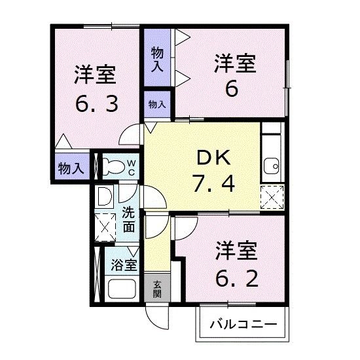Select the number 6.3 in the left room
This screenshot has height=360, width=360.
pyautogui.click(x=95, y=103)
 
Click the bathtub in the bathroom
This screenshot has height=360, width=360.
pyautogui.click(x=121, y=290)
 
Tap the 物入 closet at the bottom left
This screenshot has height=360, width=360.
pyautogui.click(x=70, y=168)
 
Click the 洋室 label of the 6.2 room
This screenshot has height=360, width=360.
pyautogui.click(x=240, y=251)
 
